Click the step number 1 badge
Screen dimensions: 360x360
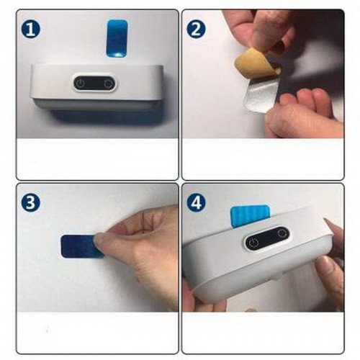click(31, 30)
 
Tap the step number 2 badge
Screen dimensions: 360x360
click(196, 30)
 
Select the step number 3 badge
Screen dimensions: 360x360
click(31, 202)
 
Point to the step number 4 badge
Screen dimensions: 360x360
click(196, 202)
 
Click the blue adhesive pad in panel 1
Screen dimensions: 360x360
click(117, 39)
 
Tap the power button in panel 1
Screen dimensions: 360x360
click(81, 84)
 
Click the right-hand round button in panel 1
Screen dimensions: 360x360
click(109, 84)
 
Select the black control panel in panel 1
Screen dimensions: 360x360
click(94, 84)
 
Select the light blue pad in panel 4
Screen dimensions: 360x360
click(249, 215)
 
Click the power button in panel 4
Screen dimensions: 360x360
click(253, 243)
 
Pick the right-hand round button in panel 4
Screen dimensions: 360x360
click(280, 233)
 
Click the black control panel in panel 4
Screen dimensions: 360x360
click(266, 238)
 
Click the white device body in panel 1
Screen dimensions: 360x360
click(96, 86)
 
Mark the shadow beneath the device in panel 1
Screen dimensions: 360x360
click(103, 117)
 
